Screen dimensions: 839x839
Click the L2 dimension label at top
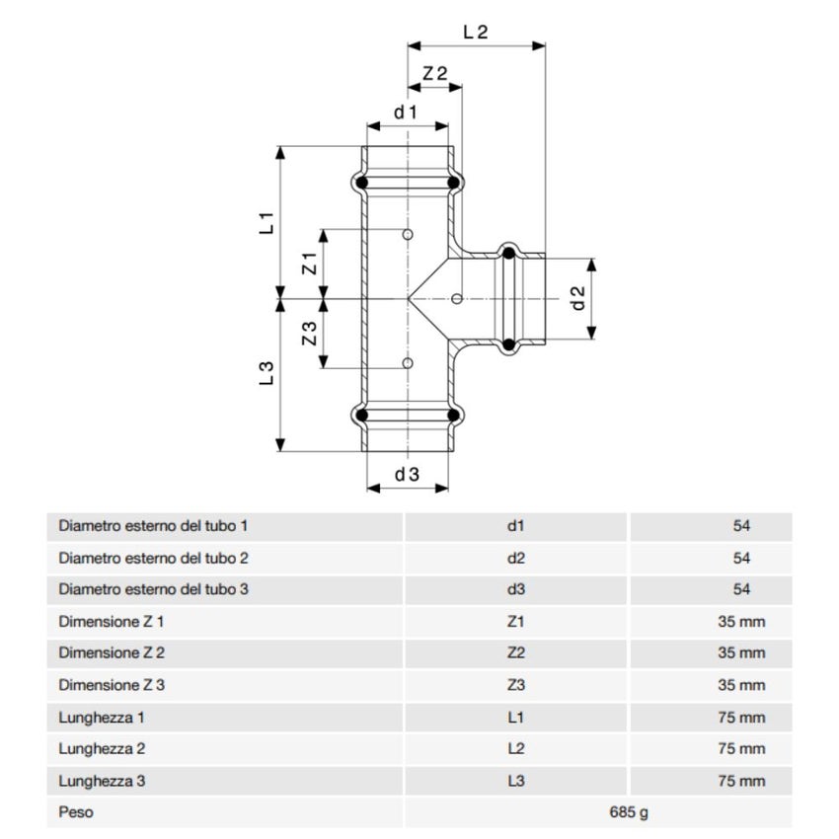tap(476, 32)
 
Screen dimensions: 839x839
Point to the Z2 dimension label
tap(435, 74)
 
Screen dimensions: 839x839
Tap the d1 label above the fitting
tap(407, 113)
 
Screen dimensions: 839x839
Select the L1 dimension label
tap(267, 222)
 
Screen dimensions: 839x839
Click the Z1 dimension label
tap(309, 264)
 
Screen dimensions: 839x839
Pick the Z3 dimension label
tap(309, 333)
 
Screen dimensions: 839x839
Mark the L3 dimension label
tap(267, 374)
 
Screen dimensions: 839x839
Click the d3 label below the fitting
tap(407, 475)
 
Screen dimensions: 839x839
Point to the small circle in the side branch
tap(456, 298)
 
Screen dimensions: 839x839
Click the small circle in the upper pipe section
tap(408, 235)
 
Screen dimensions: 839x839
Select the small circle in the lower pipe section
tap(408, 364)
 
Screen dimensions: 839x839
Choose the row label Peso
tap(76, 813)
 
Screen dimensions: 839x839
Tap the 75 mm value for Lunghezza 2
tap(741, 749)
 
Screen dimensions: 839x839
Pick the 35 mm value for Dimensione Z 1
tap(741, 622)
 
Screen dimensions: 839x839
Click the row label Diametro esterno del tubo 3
tap(153, 590)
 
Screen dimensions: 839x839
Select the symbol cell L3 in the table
tap(516, 782)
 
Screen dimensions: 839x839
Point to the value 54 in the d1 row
tap(742, 526)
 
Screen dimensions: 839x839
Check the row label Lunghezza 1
tap(103, 718)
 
